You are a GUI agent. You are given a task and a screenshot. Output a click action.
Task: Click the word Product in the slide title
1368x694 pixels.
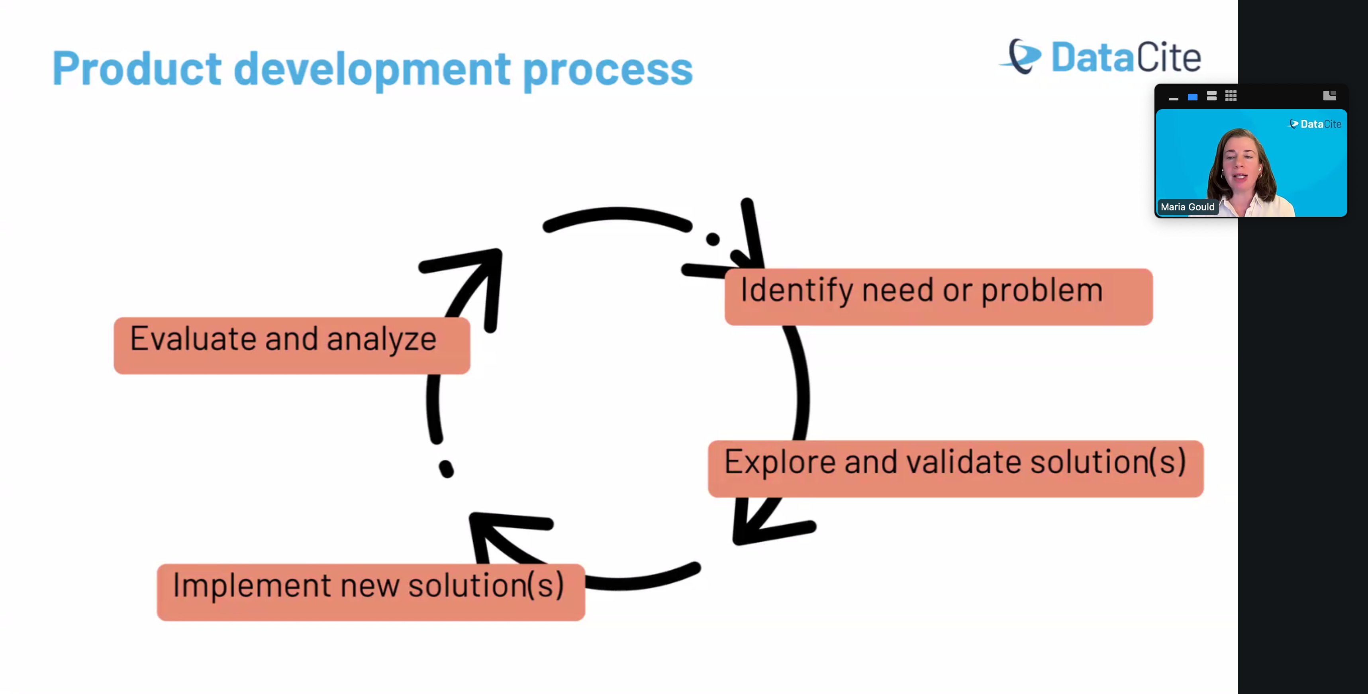[x=137, y=69]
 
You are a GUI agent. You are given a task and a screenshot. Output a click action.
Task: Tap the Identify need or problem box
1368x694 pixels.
[x=938, y=296]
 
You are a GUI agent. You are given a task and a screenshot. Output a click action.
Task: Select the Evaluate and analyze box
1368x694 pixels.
[x=292, y=345]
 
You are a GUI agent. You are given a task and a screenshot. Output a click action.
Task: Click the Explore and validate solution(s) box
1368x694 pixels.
[x=955, y=469]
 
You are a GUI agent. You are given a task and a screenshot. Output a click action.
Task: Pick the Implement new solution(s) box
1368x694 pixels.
[x=370, y=592]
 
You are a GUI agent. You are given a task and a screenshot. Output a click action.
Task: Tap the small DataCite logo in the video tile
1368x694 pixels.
[x=1315, y=124]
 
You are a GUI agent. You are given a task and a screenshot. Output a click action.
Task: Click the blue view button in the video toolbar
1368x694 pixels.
[x=1192, y=97]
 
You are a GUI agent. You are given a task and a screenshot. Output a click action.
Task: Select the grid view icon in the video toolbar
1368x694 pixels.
[x=1231, y=96]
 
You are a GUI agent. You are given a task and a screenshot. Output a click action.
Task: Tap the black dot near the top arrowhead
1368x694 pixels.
[x=713, y=239]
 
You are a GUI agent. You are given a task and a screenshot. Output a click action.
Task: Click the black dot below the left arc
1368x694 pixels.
[x=446, y=469]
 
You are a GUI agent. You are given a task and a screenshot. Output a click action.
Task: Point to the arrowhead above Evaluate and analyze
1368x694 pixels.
[x=478, y=276]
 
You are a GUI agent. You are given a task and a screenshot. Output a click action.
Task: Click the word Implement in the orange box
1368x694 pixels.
[x=252, y=586]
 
